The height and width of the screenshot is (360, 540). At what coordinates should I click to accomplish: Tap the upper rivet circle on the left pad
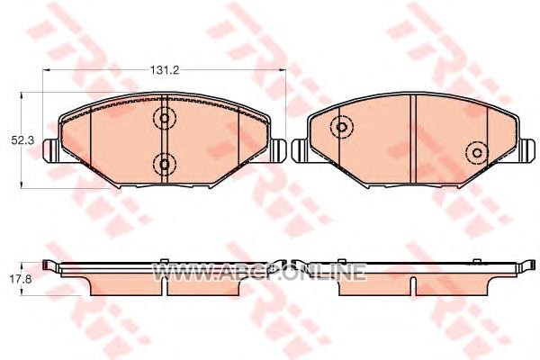click(x=165, y=118)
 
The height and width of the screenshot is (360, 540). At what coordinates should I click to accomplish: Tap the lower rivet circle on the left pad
click(x=165, y=165)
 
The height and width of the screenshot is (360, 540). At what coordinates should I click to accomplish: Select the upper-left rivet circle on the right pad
click(x=341, y=127)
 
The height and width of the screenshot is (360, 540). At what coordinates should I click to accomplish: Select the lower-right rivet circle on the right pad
click(x=477, y=153)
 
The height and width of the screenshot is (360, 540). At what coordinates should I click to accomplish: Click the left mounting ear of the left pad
click(x=51, y=150)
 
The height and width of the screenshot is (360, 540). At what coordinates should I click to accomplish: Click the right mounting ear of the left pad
click(x=277, y=150)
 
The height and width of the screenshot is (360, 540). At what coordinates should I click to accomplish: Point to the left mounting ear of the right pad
click(x=301, y=150)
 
